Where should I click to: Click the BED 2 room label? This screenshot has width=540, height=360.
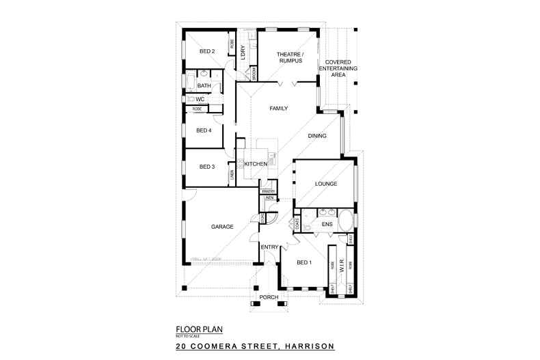pyautogui.click(x=207, y=52)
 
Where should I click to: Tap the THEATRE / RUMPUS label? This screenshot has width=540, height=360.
pyautogui.click(x=289, y=57)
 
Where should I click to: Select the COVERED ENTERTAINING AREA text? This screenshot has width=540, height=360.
pyautogui.click(x=338, y=68)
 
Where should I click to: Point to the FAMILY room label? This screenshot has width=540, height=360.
pyautogui.click(x=278, y=109)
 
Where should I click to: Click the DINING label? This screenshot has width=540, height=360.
pyautogui.click(x=317, y=136)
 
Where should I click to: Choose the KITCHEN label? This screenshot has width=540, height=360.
pyautogui.click(x=255, y=165)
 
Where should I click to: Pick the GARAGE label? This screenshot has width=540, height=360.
pyautogui.click(x=223, y=227)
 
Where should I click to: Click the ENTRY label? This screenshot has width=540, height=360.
pyautogui.click(x=269, y=247)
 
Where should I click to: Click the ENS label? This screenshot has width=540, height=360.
pyautogui.click(x=327, y=224)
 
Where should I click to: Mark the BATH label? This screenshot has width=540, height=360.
pyautogui.click(x=204, y=86)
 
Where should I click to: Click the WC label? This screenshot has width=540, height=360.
pyautogui.click(x=200, y=100)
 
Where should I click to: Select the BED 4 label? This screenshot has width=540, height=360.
pyautogui.click(x=204, y=130)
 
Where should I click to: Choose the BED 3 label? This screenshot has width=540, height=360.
pyautogui.click(x=207, y=167)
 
